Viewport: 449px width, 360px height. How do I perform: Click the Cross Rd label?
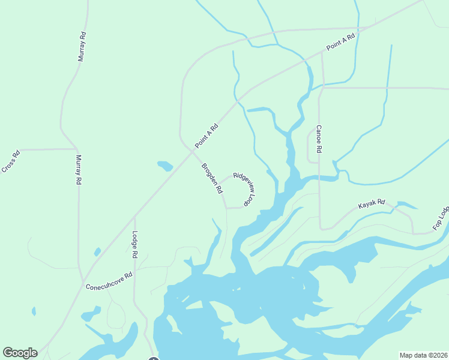pos(11,161)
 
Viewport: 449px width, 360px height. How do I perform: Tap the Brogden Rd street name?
pos(212,179)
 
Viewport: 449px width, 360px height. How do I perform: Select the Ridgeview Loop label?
pos(245,190)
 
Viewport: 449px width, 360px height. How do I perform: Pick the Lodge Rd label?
pos(135,245)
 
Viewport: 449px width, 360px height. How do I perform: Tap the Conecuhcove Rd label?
pos(109,280)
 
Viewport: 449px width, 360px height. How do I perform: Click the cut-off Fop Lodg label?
pos(441,220)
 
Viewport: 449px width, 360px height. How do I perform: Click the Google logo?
pos(20,353)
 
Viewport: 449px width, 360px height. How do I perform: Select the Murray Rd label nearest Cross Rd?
pos(78,170)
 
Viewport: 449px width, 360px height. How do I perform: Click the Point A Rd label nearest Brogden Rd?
pos(206,136)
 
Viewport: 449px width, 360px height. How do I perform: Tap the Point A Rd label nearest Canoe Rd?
pos(341,42)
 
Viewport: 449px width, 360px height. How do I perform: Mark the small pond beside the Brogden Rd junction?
pos(165,166)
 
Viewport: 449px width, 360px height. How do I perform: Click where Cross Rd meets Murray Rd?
pos(76,149)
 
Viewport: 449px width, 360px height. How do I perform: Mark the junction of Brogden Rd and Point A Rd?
pos(191,151)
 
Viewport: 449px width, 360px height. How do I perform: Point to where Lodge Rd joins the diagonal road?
pos(133,216)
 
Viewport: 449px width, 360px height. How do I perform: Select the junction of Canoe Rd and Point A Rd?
pos(322,52)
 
